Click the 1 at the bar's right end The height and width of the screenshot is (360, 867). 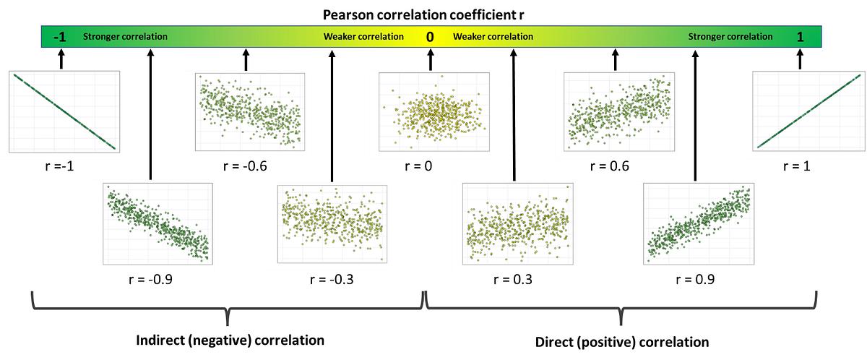pos(799,36)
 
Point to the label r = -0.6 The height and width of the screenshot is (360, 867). pos(246,166)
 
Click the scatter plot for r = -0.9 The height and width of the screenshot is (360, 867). pos(158,222)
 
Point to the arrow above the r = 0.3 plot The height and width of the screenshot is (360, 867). pos(514,116)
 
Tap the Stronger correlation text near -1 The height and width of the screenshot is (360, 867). pos(126,36)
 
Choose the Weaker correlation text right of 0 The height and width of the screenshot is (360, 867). pos(493,36)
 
